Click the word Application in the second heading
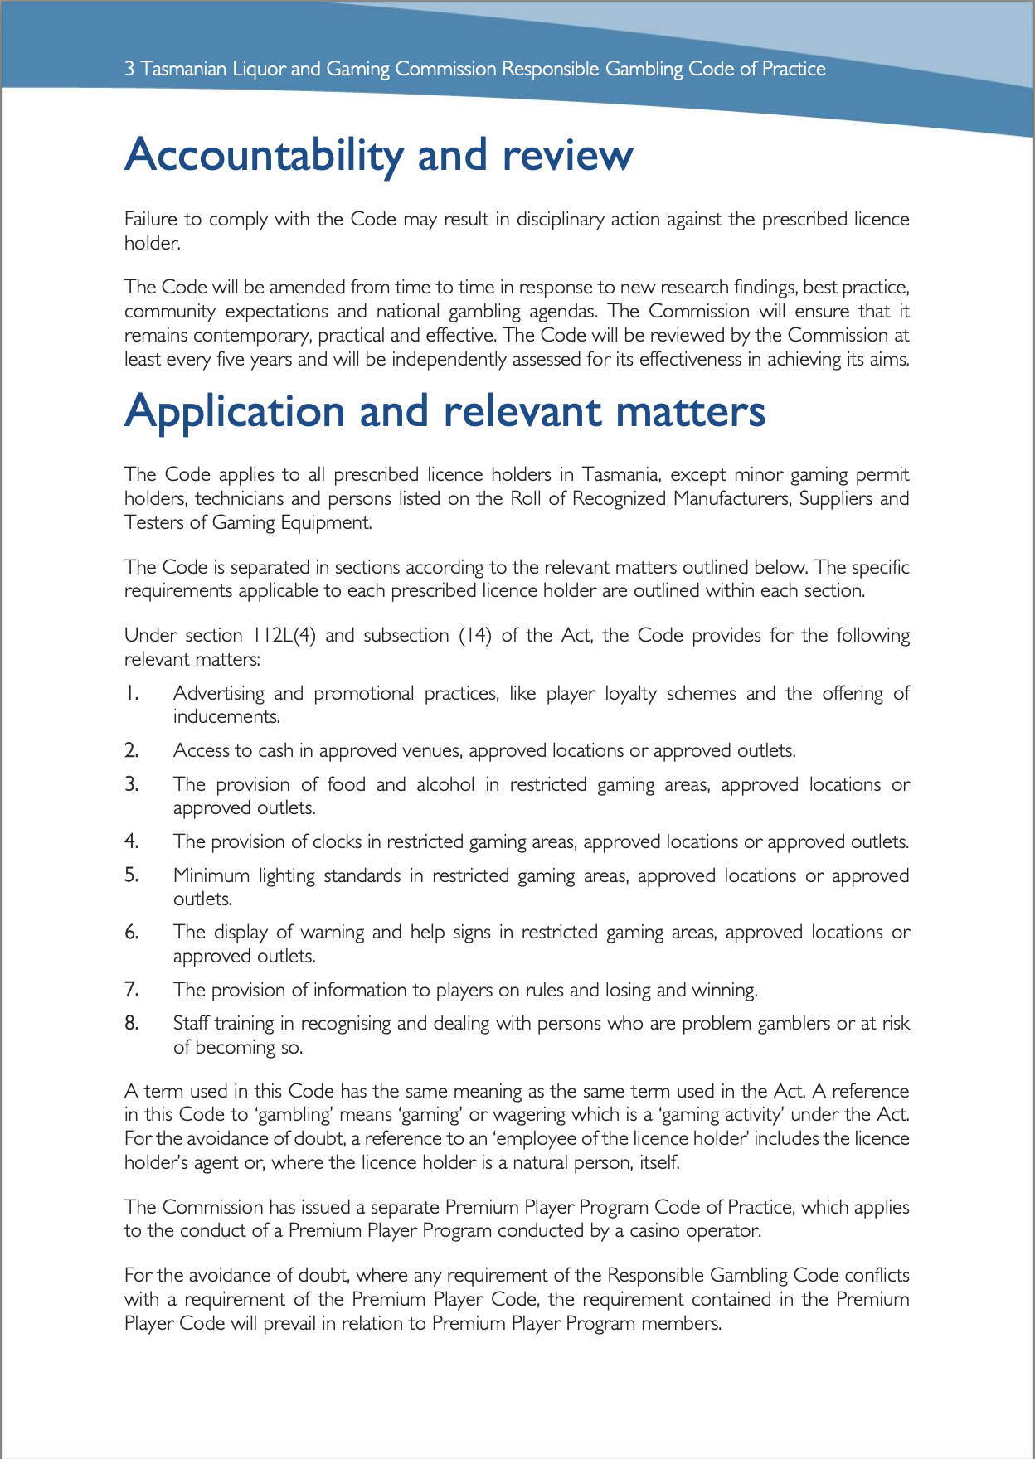pos(234,412)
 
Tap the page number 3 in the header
pos(129,69)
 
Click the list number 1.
pos(131,693)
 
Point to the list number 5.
pos(131,875)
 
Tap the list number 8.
pos(131,1023)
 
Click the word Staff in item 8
pos(191,1023)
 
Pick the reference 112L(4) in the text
pos(284,636)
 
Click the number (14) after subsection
pos(475,636)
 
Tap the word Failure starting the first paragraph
pos(148,220)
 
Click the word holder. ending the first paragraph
pos(152,244)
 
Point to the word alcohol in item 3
pos(445,784)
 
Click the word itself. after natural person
pos(659,1162)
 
